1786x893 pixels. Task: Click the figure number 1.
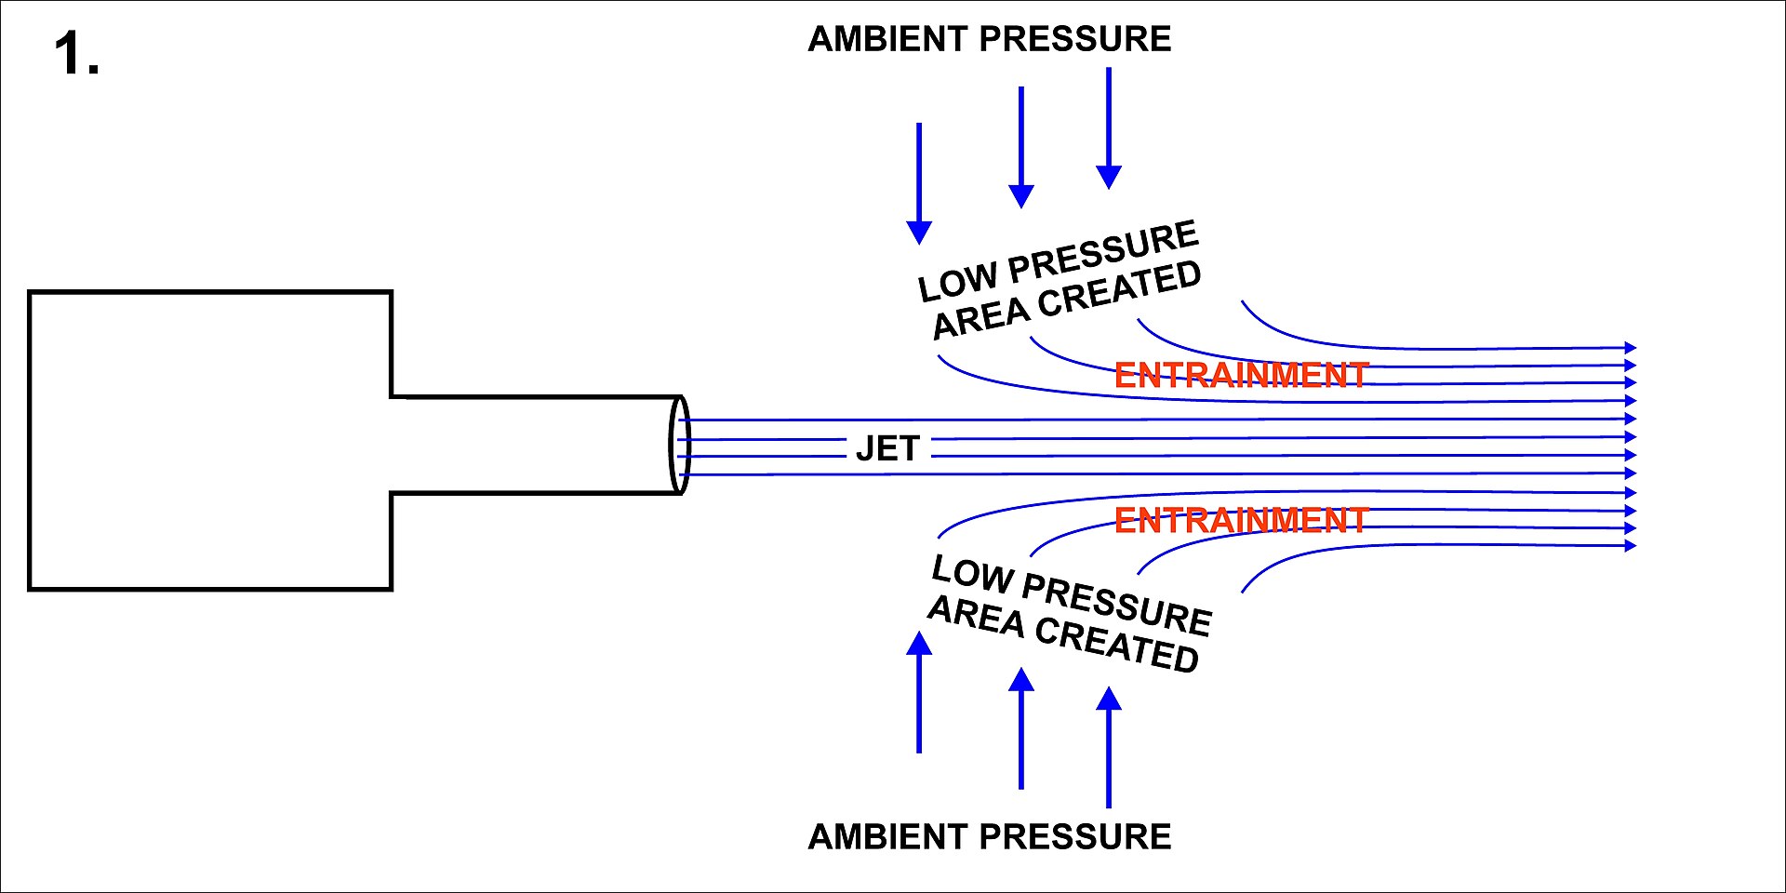pyautogui.click(x=76, y=54)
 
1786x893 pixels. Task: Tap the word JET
pyautogui.click(x=887, y=449)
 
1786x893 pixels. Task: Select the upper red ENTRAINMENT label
pyautogui.click(x=1241, y=375)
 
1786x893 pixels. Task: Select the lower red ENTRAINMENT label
pyautogui.click(x=1241, y=520)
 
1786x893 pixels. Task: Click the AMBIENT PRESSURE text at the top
pyautogui.click(x=989, y=39)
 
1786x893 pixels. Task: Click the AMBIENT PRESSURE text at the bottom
pyautogui.click(x=989, y=837)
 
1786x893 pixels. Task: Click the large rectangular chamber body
pyautogui.click(x=210, y=440)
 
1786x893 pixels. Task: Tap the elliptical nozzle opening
pyautogui.click(x=680, y=446)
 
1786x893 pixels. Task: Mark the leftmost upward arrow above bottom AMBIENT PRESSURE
pyautogui.click(x=919, y=693)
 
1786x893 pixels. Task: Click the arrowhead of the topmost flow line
pyautogui.click(x=1630, y=348)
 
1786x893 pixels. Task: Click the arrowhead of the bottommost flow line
pyautogui.click(x=1630, y=546)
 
